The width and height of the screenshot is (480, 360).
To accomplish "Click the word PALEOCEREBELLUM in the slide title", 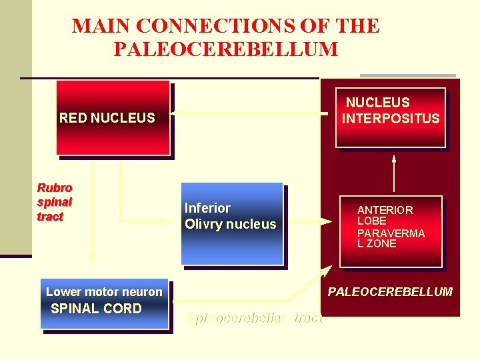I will point(225,49).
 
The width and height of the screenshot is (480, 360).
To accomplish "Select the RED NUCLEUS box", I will point(113,119).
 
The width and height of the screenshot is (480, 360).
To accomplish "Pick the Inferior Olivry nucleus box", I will point(232,223).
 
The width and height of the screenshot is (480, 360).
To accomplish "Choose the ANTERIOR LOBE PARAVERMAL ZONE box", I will point(391,232).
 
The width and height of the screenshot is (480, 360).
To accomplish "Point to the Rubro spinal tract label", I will point(55,202).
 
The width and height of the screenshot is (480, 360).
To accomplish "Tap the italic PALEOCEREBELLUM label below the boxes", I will point(390,291).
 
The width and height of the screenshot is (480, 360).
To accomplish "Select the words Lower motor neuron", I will point(104,291).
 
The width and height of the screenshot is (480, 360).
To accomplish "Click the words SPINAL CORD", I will point(97,309).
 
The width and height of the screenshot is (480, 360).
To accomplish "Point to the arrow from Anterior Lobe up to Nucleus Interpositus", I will point(394,175).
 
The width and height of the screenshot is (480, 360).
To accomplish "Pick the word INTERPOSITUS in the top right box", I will point(391,119).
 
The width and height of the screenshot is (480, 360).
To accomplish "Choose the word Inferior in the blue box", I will point(207,208).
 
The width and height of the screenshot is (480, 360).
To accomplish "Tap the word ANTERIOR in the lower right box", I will point(385,210).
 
